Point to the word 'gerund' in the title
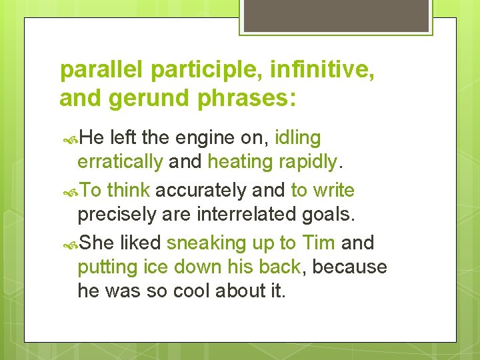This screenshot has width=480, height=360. [147, 98]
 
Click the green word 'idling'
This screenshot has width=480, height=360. [297, 138]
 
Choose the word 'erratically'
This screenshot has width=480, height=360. [120, 162]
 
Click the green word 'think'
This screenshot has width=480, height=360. [129, 191]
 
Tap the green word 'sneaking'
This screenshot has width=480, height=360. [206, 243]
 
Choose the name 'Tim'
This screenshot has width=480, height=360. [319, 243]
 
